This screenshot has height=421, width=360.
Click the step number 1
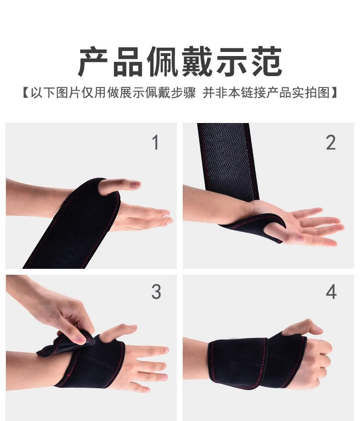(156, 142)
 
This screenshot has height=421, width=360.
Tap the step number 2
(331, 142)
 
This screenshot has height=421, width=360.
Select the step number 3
(156, 292)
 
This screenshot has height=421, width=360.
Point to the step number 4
(331, 292)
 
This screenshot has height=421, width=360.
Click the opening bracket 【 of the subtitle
(26, 92)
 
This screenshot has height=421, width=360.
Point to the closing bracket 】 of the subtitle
(334, 92)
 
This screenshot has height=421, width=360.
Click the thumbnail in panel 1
(135, 185)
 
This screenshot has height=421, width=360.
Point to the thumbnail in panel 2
(300, 238)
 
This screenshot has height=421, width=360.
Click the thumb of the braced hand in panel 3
(118, 332)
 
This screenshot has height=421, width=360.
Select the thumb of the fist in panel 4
(302, 328)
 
